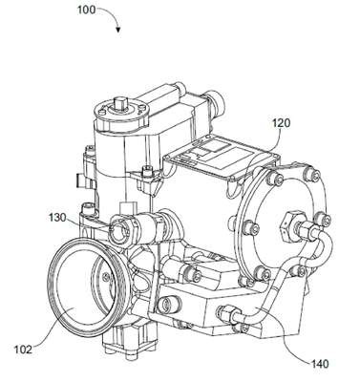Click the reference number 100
point(86,10)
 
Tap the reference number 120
point(281,123)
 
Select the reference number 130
point(57,218)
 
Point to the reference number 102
point(23,350)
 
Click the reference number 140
point(319,364)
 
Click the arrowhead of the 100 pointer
point(118,31)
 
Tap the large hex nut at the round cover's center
point(289,225)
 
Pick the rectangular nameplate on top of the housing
point(222,159)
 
